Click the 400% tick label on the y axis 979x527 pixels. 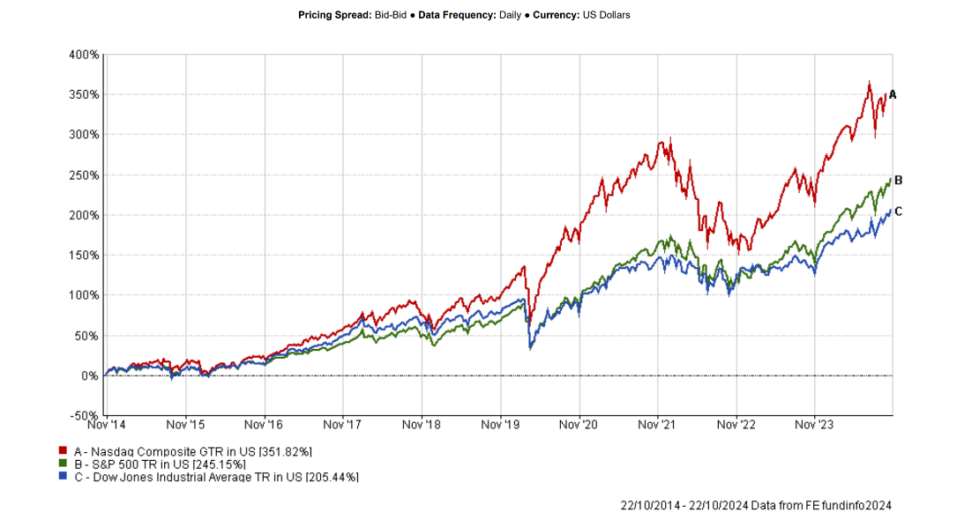click(x=84, y=55)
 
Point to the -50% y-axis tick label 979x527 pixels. click(x=83, y=416)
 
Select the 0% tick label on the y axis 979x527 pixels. click(x=90, y=376)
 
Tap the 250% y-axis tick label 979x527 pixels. click(x=84, y=175)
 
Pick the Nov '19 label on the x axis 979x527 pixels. click(x=500, y=424)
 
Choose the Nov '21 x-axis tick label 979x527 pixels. click(x=658, y=424)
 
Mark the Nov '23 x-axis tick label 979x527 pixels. click(x=815, y=424)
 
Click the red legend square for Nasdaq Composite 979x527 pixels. click(x=64, y=451)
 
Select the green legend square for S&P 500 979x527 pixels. click(x=64, y=464)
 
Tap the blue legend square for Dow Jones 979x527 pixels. click(x=64, y=476)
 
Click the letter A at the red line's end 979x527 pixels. click(x=893, y=94)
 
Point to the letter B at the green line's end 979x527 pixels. click(x=898, y=180)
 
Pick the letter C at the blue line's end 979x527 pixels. click(x=898, y=212)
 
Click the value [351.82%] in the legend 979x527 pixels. click(x=285, y=451)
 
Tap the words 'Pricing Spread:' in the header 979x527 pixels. click(x=333, y=15)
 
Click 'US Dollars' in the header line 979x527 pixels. click(x=606, y=15)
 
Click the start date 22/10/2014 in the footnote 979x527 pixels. click(x=648, y=505)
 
